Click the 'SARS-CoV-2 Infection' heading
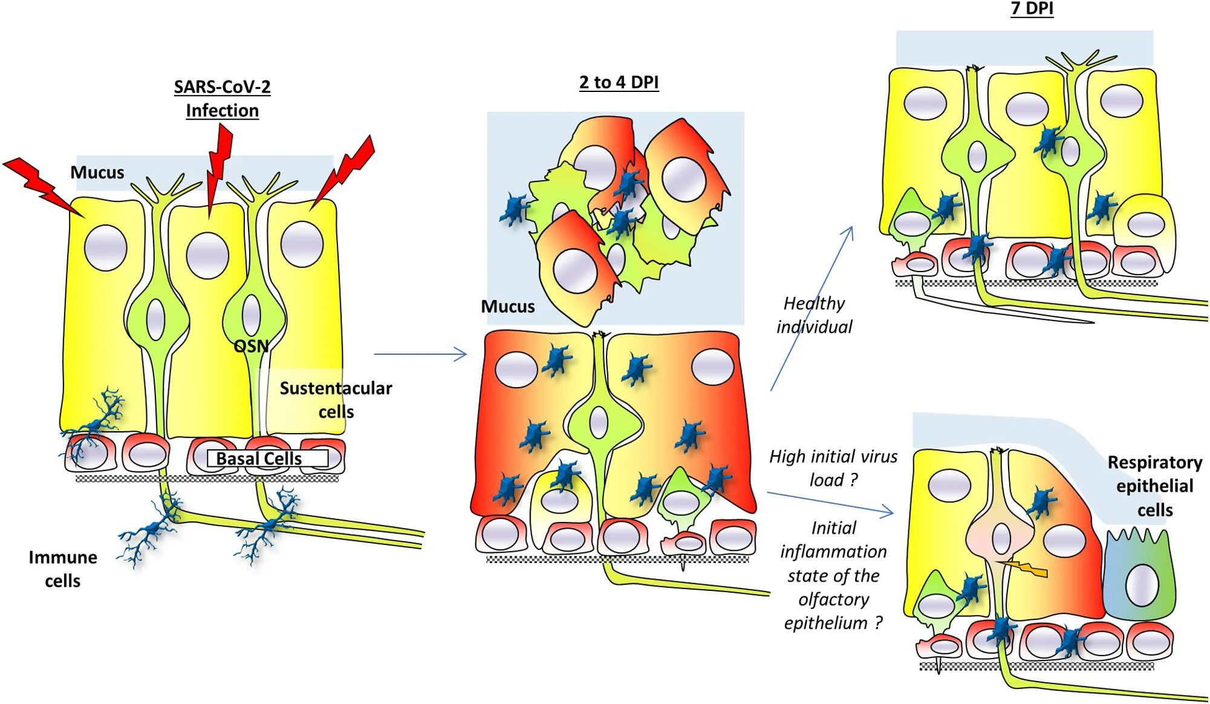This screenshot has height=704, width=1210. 222,99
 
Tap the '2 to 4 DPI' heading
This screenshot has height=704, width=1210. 619,82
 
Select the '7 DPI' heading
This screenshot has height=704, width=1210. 1032,8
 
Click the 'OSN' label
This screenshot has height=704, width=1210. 251,346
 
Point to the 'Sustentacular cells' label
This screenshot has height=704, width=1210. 336,399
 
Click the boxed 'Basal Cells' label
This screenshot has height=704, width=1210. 259,458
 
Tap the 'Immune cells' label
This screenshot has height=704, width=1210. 62,569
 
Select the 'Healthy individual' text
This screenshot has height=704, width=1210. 814,315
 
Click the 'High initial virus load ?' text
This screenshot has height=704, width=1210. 833,468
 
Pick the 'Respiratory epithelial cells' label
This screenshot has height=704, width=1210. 1154,486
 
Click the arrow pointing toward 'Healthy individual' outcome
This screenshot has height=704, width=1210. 812,308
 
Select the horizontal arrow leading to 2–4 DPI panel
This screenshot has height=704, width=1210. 420,354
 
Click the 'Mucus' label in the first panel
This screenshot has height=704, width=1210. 97,172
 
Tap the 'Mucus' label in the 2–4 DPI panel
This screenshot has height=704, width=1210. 507,307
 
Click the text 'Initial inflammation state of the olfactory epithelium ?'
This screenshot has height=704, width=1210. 833,575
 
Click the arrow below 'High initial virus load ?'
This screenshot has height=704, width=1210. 830,503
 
